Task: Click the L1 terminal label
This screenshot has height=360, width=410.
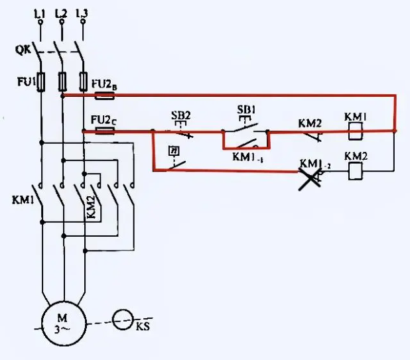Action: tap(40, 12)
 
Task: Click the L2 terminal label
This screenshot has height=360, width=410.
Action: tap(61, 12)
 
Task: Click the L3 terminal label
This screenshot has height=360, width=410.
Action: tap(82, 12)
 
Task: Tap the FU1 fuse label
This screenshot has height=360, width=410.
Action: tap(23, 82)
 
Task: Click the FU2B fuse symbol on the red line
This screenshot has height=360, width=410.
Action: tap(105, 95)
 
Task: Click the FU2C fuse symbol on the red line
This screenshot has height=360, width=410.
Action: tap(105, 131)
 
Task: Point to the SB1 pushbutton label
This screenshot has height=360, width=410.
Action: tap(247, 108)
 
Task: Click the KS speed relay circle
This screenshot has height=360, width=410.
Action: tap(121, 321)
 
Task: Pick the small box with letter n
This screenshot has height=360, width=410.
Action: tap(174, 150)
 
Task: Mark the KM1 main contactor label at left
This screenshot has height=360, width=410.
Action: tap(23, 199)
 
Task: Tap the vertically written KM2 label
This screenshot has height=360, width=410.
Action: tap(92, 207)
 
